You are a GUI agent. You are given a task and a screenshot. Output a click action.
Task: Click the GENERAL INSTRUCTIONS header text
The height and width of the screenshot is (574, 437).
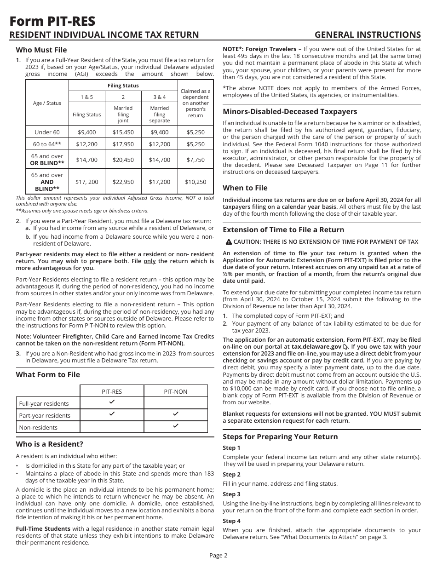368,35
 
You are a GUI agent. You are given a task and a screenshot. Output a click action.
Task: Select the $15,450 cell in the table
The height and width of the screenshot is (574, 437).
123,132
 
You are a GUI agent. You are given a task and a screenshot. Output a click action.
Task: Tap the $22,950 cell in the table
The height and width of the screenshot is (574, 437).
123,182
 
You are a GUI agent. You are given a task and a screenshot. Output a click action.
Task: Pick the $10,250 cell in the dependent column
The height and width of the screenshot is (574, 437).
195,182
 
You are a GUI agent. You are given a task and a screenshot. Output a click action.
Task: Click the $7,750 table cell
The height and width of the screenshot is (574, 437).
195,160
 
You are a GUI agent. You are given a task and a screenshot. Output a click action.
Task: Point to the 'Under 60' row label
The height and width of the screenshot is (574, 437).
47,132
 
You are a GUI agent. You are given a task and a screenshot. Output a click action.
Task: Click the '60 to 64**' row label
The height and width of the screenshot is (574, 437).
47,144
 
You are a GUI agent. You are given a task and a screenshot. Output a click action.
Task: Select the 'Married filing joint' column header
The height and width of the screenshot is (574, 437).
123,114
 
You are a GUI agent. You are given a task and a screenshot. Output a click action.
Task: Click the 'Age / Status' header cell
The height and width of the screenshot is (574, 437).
47,103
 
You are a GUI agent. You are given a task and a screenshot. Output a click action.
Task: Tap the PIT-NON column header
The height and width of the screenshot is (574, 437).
176,391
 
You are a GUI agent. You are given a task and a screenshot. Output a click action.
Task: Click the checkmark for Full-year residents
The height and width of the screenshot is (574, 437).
112,402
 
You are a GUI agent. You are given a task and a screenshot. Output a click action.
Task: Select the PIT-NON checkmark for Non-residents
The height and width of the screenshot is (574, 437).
176,426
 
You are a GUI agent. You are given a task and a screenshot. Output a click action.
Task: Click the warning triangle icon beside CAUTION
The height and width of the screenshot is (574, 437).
229,242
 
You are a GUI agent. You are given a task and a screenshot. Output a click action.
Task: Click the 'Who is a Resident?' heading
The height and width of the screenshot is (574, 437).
50,444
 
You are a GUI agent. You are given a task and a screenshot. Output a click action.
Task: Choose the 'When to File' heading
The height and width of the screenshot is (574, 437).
245,188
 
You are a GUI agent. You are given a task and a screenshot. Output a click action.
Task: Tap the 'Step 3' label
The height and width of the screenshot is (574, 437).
231,494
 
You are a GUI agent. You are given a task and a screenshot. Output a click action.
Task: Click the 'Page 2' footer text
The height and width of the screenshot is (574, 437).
218,555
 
